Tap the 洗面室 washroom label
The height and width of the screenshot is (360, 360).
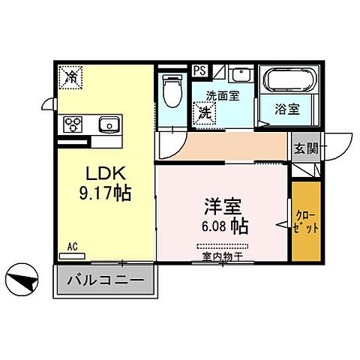pyautogui.click(x=222, y=96)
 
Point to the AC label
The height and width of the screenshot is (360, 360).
pyautogui.click(x=72, y=246)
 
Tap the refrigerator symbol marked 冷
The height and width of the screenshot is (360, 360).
pyautogui.click(x=71, y=75)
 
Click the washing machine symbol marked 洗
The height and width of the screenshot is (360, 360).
pyautogui.click(x=204, y=113)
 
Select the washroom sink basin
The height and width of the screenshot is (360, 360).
pyautogui.click(x=240, y=76)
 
